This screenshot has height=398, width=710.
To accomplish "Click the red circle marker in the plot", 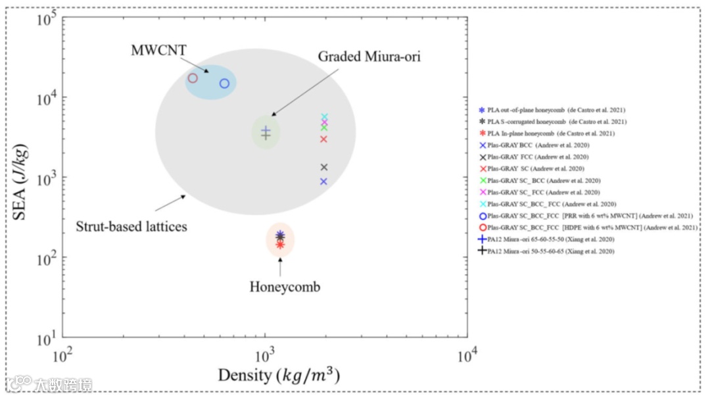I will pyautogui.click(x=193, y=78).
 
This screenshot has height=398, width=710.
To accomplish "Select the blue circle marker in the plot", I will pyautogui.click(x=224, y=84).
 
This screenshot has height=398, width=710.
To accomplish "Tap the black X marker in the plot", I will pyautogui.click(x=323, y=167).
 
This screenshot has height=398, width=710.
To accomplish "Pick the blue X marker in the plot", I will pyautogui.click(x=323, y=182).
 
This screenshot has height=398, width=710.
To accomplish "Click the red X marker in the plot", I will pyautogui.click(x=323, y=139).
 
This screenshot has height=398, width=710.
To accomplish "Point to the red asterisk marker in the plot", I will pyautogui.click(x=280, y=244).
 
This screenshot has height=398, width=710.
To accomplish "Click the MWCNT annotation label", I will pyautogui.click(x=158, y=49).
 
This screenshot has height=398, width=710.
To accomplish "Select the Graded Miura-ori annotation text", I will pyautogui.click(x=369, y=57).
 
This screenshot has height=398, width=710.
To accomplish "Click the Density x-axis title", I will pyautogui.click(x=279, y=376).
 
